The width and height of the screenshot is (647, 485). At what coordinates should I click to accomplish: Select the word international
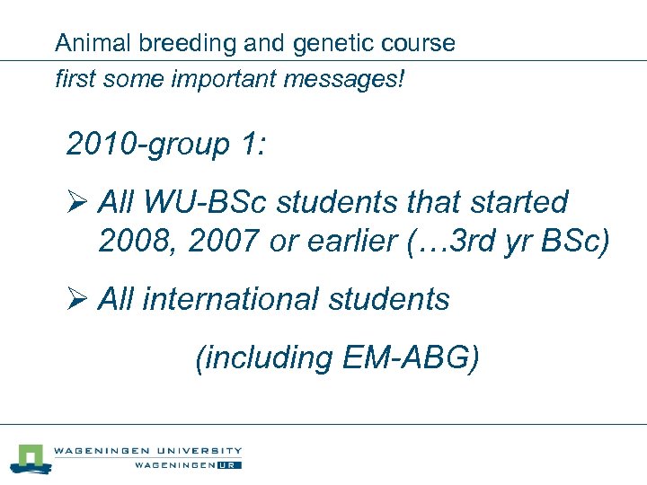tap(245, 299)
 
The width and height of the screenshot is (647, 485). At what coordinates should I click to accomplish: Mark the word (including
tap(264, 357)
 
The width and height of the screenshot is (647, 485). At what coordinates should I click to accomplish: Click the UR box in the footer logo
tap(230, 465)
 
